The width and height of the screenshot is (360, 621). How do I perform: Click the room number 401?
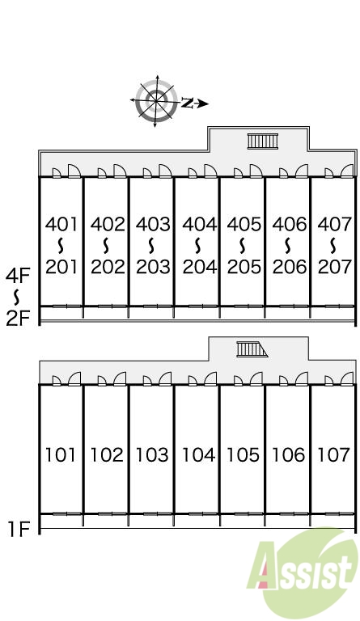61,224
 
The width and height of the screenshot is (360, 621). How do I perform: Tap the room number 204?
200,267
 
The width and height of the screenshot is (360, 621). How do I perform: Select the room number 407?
335,224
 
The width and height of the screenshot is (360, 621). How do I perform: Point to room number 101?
60,454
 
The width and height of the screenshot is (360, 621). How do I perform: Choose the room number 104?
198,454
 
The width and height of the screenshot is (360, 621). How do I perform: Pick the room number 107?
333,454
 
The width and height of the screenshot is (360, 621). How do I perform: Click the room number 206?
290,267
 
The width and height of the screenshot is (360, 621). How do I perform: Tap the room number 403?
153,224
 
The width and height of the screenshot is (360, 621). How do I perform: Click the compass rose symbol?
156,101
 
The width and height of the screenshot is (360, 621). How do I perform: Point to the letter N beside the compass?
187,103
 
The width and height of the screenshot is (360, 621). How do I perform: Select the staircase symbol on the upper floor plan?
263,142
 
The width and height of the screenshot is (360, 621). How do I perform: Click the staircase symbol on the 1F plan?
252,349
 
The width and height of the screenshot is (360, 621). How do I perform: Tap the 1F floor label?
19,529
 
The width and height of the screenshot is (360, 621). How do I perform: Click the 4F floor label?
18,276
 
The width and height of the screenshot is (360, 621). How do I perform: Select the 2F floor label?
19,318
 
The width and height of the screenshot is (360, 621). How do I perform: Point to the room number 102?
107,454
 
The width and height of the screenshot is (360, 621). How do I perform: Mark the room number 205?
244,267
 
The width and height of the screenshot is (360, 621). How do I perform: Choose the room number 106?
288,454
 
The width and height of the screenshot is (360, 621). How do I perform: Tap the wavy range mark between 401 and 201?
61,246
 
